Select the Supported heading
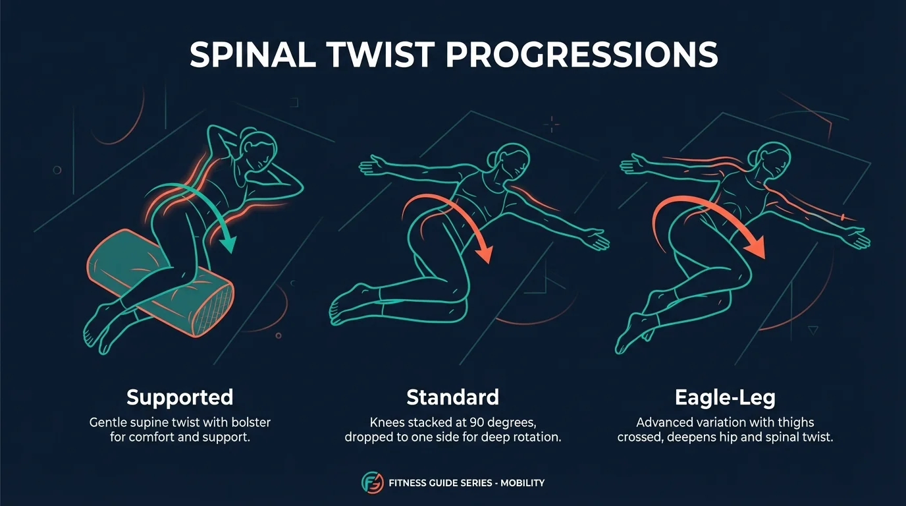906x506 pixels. coord(180,397)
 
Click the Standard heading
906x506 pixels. coord(452,397)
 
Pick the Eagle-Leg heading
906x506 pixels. coord(725,397)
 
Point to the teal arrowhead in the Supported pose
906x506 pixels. coord(228,245)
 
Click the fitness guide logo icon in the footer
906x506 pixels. coord(373,483)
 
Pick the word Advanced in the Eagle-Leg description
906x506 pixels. coord(660,422)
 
